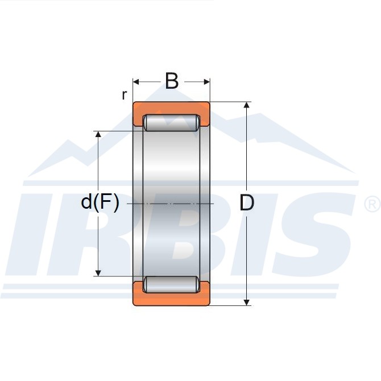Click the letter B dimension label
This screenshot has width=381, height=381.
click(x=172, y=81)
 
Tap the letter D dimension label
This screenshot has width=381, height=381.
click(x=247, y=202)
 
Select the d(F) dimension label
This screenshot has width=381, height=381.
click(x=100, y=202)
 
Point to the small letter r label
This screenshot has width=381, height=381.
click(x=124, y=95)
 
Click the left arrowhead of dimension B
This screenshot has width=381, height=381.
click(x=136, y=82)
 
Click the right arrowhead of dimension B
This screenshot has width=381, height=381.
click(x=207, y=82)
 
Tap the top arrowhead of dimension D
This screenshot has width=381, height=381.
click(x=247, y=105)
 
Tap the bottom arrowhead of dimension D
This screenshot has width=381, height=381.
click(x=247, y=303)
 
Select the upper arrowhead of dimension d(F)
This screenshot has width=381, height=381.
click(x=98, y=134)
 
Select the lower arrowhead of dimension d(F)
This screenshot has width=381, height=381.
click(x=98, y=273)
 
